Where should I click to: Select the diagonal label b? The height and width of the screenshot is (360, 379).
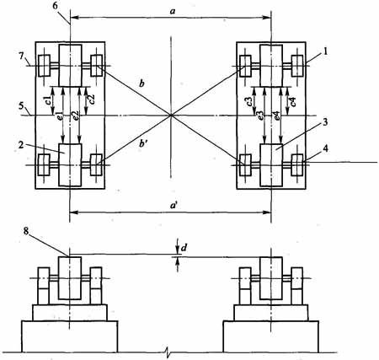click(x=142, y=83)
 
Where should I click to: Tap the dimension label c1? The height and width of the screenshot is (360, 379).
click(x=48, y=100)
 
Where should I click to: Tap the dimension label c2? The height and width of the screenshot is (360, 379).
click(x=92, y=99)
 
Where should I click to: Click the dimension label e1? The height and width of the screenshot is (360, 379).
click(x=59, y=116)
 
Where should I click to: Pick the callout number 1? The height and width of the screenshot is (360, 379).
click(x=325, y=52)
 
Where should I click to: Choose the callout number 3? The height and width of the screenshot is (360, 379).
click(x=325, y=123)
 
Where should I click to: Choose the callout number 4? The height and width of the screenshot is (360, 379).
click(x=325, y=148)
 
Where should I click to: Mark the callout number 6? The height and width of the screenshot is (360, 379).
click(x=55, y=6)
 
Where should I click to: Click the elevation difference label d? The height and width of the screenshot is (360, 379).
click(x=184, y=248)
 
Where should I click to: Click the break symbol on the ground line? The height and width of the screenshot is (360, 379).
click(x=167, y=352)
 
